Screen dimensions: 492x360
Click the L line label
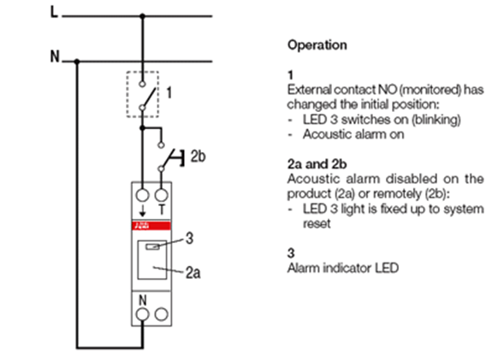[x=54, y=13]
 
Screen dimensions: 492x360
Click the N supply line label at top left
[x=55, y=56]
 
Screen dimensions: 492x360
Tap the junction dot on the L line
[x=142, y=15]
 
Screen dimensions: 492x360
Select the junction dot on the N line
[x=77, y=62]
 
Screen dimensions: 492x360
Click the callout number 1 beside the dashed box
[x=169, y=93]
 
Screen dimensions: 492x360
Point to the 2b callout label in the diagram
[x=198, y=156]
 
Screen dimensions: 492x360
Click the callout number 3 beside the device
[x=189, y=239]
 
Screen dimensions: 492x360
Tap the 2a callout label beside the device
[x=193, y=273]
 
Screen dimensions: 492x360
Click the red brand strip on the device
[x=151, y=226]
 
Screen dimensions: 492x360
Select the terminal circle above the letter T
[x=161, y=195]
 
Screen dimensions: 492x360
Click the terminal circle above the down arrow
[x=142, y=195]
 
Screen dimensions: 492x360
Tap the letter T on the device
[x=162, y=210]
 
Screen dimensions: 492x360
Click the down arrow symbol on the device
[x=142, y=210]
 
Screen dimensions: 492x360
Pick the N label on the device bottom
[x=142, y=300]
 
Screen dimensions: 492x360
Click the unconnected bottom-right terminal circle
[x=161, y=315]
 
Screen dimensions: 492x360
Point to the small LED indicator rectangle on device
[x=152, y=247]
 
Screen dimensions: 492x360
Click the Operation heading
[x=317, y=45]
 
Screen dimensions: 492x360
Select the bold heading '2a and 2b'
[x=317, y=164]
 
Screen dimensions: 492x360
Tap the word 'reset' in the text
[x=317, y=224]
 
